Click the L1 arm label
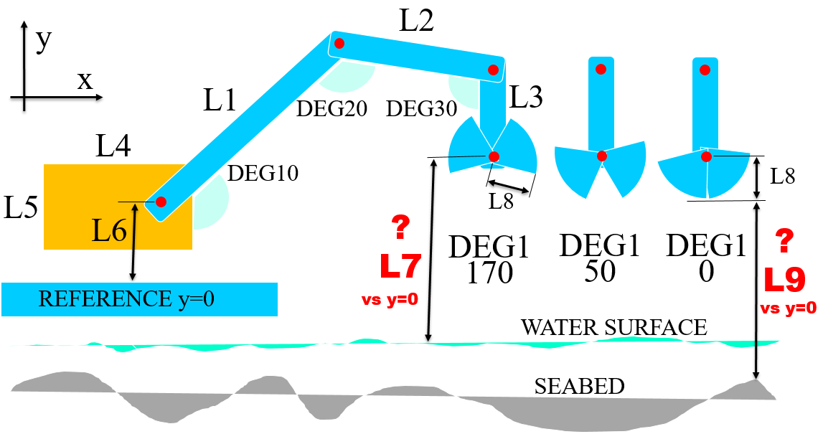[220, 101]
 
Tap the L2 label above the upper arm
[417, 22]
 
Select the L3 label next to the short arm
[526, 97]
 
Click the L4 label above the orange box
[113, 148]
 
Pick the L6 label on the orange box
[109, 230]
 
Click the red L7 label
[400, 266]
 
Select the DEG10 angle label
[263, 173]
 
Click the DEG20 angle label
[332, 109]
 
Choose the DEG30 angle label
[422, 109]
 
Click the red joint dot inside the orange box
[161, 202]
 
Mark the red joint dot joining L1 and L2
[339, 44]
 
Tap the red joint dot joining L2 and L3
[494, 70]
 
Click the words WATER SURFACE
[613, 328]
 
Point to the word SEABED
[579, 387]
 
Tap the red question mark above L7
[400, 228]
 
